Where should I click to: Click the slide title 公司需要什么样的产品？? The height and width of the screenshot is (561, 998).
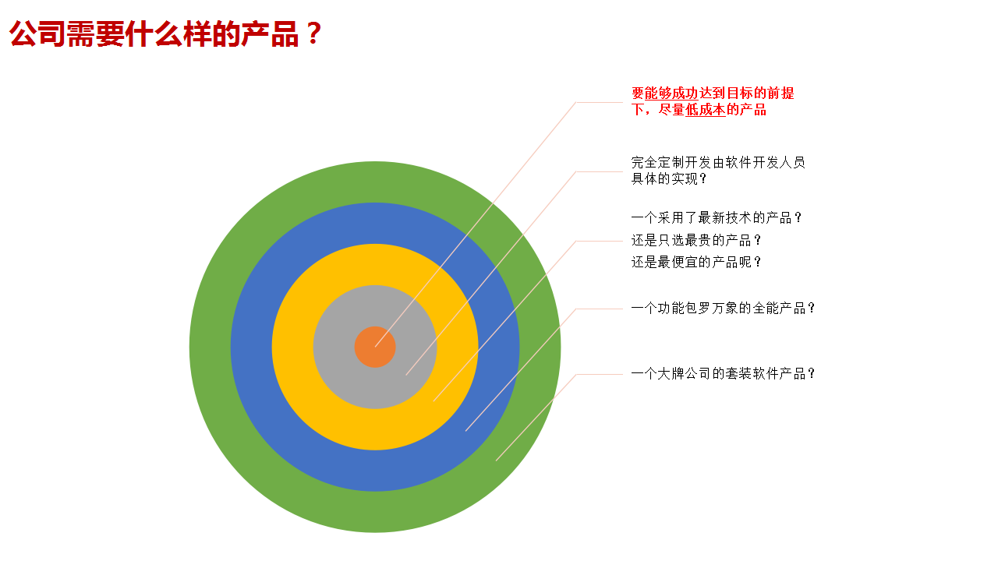(165, 34)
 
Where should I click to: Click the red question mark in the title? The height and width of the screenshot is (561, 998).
(313, 34)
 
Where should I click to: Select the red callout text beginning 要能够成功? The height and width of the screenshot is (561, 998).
(713, 101)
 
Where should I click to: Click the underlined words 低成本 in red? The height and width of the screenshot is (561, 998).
(706, 110)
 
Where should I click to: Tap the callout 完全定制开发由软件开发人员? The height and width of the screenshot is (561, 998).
(718, 163)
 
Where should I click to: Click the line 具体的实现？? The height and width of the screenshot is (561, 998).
(669, 179)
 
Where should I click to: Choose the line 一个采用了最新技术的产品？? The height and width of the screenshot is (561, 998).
(717, 217)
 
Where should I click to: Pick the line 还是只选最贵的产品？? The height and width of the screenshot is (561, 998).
(696, 241)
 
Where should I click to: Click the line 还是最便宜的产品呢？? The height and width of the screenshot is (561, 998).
(696, 263)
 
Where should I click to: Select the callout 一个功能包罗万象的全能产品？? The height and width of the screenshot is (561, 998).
(723, 308)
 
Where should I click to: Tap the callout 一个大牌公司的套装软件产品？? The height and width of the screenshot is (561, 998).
(723, 373)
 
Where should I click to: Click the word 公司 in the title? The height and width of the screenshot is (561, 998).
(37, 34)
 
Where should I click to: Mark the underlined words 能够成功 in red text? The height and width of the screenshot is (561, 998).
(671, 93)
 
